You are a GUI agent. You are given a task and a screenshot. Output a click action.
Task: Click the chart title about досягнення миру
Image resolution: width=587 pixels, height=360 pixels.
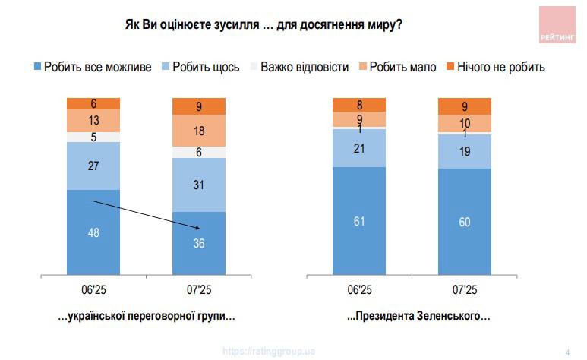tap(263, 24)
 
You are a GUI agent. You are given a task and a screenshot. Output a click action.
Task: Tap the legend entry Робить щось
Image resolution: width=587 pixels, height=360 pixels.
tap(200, 67)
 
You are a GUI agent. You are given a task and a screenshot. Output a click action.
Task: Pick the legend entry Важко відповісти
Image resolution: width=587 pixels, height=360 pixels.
tap(298, 67)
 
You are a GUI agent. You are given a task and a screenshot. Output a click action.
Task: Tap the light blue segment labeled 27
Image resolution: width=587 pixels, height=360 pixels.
tap(93, 166)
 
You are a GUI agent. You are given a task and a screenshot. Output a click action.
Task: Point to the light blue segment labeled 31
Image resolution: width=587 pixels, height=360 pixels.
tap(199, 185)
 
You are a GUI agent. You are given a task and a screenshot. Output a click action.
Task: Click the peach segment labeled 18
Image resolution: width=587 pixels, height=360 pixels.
tap(199, 131)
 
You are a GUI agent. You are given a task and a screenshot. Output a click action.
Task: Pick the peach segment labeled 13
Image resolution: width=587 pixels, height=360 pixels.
tap(93, 121)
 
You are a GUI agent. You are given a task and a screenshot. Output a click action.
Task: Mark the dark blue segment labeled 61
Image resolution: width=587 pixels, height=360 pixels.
tap(359, 220)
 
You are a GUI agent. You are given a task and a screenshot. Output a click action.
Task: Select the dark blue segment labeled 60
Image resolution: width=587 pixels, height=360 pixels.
tap(465, 222)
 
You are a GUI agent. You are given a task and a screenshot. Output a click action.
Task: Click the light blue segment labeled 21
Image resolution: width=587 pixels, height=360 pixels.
tap(359, 147)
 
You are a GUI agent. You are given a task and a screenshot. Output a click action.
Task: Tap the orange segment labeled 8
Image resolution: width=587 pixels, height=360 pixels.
tap(359, 105)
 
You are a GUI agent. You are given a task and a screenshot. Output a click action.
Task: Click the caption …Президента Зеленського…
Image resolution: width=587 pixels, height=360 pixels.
tap(418, 317)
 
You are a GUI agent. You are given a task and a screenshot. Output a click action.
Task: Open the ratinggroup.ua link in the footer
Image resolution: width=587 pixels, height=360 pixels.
tap(269, 351)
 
